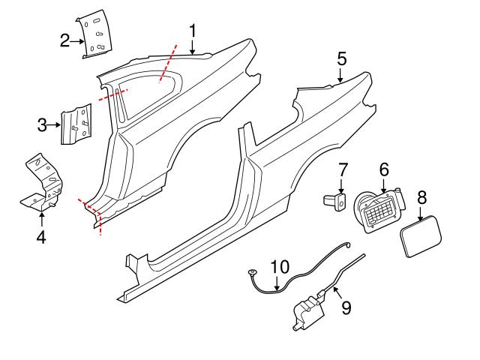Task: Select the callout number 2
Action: [65, 40]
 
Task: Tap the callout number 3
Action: [43, 124]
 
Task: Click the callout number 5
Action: [341, 58]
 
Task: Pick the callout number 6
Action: [383, 171]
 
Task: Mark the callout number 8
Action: [421, 197]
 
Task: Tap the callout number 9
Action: [346, 307]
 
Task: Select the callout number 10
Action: [279, 266]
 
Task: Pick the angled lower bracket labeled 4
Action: [43, 183]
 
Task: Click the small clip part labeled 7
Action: [334, 200]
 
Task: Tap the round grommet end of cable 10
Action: [252, 273]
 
